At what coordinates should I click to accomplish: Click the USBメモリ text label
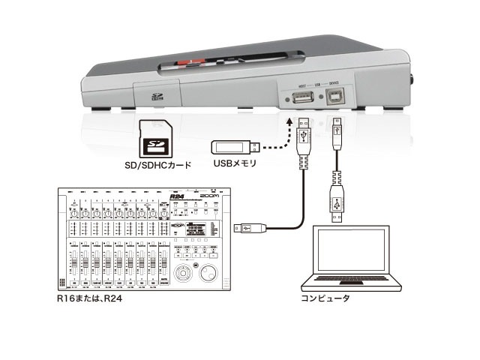tap(235, 161)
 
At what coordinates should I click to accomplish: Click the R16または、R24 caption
tap(90, 299)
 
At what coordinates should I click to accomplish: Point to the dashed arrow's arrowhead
tap(288, 120)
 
